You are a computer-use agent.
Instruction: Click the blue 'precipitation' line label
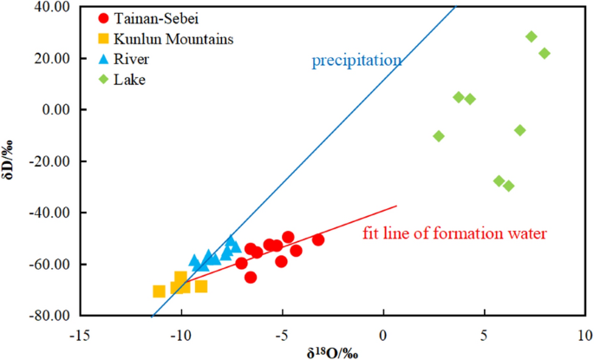[356, 61]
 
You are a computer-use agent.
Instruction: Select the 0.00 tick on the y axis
[55, 110]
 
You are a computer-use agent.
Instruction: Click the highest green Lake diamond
[532, 37]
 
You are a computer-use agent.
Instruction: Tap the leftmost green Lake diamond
[439, 136]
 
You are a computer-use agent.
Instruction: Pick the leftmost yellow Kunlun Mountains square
[160, 291]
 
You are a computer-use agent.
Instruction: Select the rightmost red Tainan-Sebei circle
[318, 239]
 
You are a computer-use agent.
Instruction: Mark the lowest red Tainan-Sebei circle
[251, 278]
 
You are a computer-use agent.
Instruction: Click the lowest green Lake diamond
[509, 186]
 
